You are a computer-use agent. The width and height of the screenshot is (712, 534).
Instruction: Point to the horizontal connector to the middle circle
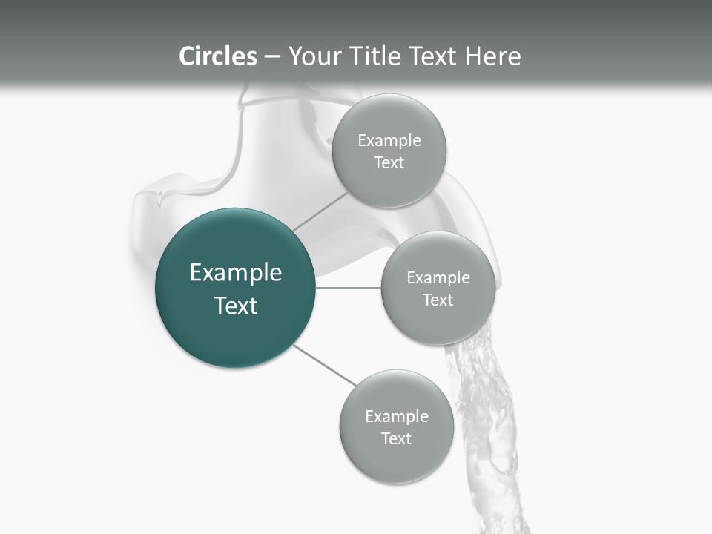tap(348, 288)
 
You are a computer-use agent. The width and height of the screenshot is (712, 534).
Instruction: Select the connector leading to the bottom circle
tap(323, 365)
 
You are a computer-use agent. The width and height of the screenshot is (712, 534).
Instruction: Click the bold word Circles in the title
tap(218, 56)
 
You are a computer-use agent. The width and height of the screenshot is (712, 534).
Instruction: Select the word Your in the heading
tap(313, 56)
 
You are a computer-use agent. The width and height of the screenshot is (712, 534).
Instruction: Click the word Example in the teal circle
tap(236, 273)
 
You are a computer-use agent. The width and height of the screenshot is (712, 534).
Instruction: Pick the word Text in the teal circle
tap(236, 306)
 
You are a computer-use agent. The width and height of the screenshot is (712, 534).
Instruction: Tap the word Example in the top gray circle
tap(389, 141)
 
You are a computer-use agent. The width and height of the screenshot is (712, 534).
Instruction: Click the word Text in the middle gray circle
tap(438, 300)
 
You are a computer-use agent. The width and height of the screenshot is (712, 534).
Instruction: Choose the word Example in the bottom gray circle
tap(397, 416)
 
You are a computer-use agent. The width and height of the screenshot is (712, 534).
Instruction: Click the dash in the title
tap(272, 56)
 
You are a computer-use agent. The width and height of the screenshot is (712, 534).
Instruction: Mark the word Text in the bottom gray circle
tap(396, 438)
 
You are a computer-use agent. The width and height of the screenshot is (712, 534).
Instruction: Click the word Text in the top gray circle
tap(389, 162)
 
